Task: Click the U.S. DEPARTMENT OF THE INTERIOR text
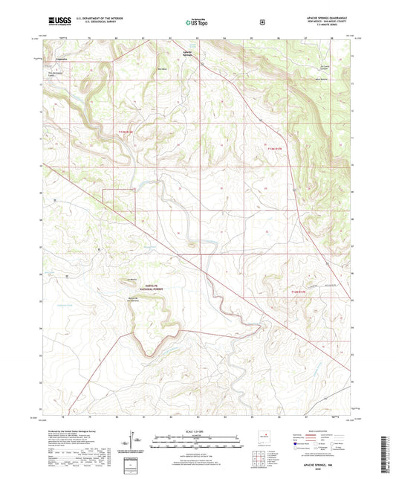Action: [92, 16]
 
